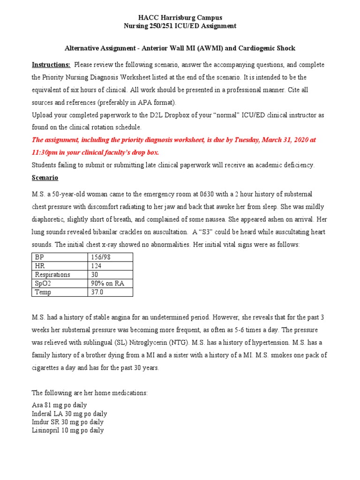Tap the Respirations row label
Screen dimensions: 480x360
[52, 275]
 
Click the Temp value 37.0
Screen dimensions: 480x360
[97, 292]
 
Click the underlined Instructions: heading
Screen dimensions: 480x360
[51, 65]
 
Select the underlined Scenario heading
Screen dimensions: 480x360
[45, 178]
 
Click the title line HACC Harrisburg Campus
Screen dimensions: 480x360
[180, 18]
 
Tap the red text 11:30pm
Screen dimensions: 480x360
[45, 152]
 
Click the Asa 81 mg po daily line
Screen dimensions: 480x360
[59, 405]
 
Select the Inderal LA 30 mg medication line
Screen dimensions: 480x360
[69, 413]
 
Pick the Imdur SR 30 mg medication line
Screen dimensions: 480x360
[67, 422]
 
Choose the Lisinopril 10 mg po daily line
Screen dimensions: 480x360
[67, 430]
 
